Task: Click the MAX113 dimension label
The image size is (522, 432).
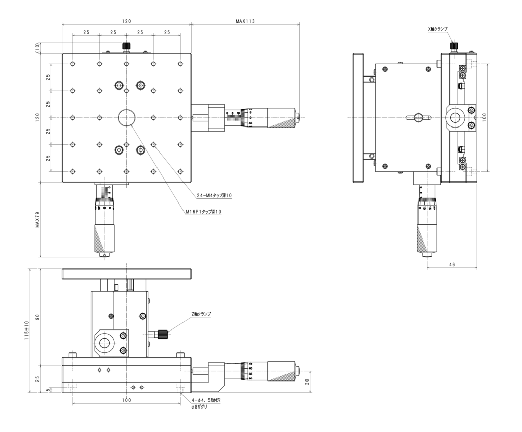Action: [245, 21]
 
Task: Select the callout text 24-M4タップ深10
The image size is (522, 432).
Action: [215, 195]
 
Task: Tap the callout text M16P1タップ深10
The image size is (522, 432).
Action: [204, 211]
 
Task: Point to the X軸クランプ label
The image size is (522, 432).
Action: [437, 29]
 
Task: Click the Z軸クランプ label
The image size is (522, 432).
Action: [201, 314]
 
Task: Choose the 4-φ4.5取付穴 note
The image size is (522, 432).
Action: [206, 401]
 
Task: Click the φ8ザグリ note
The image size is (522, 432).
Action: [199, 408]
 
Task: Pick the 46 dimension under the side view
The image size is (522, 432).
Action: [452, 265]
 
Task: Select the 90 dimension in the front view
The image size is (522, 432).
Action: [37, 317]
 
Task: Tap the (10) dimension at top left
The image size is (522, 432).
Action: [37, 48]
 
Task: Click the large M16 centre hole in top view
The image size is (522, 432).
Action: [126, 118]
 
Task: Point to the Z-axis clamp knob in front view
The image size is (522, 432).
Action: [163, 334]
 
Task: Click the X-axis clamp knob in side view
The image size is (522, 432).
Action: [453, 46]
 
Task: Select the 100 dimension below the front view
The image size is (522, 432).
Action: [126, 400]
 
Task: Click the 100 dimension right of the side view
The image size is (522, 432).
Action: [484, 118]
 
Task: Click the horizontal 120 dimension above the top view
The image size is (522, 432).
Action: [126, 21]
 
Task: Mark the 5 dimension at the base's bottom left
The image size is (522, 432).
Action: [48, 390]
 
